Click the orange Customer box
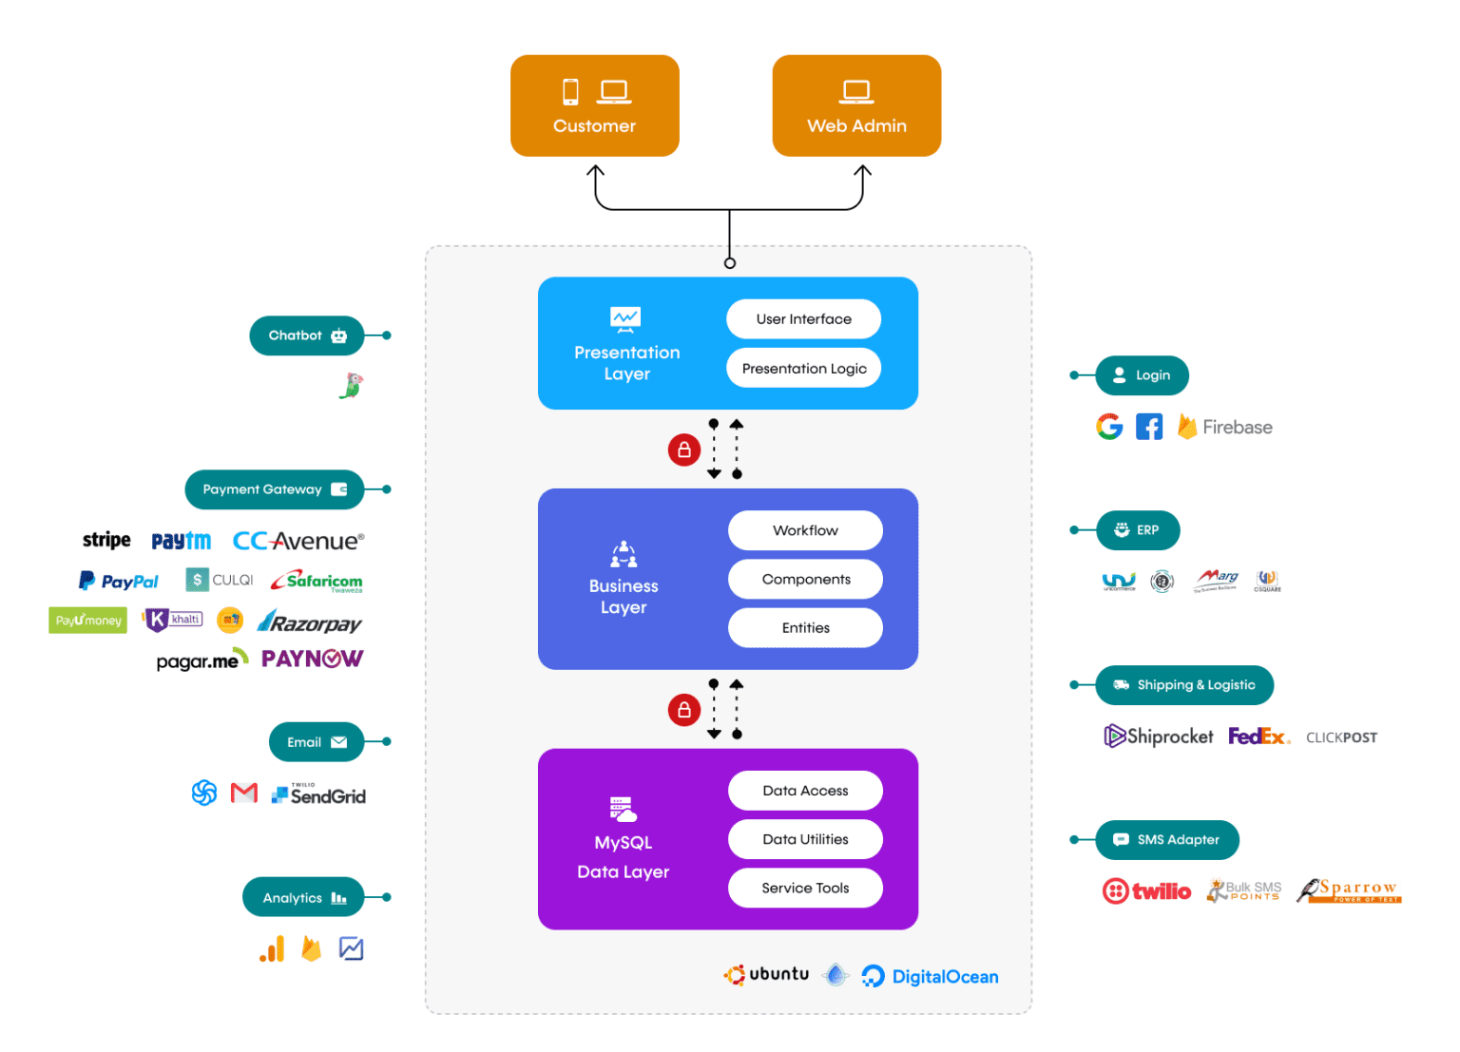[594, 105]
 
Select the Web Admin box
[855, 105]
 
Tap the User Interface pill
[803, 319]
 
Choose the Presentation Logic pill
[803, 369]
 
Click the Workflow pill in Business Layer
[805, 530]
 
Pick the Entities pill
[805, 628]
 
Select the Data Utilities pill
[805, 839]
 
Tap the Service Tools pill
[805, 888]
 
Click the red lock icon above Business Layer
[683, 449]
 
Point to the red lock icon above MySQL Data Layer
[683, 710]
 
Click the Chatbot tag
[306, 335]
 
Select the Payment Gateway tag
[274, 489]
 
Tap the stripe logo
[106, 541]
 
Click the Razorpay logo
[310, 623]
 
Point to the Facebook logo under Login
[1148, 428]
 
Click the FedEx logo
[1258, 736]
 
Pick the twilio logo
[1146, 891]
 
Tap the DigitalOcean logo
[930, 977]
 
